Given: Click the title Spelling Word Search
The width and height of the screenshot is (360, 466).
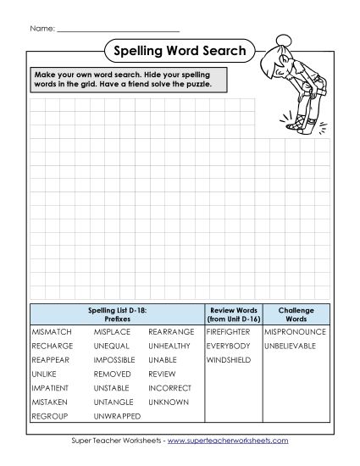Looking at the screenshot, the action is (x=179, y=51).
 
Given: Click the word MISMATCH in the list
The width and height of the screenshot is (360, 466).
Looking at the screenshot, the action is (x=52, y=333).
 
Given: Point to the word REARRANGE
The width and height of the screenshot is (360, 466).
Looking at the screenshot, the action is (x=171, y=333).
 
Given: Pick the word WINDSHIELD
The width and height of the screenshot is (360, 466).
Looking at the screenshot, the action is (x=227, y=360).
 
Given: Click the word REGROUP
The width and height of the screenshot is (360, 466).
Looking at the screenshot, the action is (x=50, y=416).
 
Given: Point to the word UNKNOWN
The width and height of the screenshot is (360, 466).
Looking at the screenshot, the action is (x=168, y=402).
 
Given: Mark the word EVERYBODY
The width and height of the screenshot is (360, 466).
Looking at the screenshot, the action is (x=228, y=347).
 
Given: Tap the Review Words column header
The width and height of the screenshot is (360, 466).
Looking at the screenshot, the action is (x=232, y=313).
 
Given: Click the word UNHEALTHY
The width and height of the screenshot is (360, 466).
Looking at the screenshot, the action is (x=169, y=347).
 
